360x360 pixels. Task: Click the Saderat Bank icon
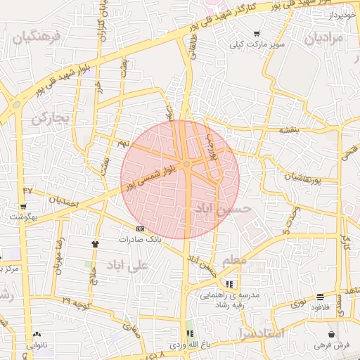point(140,229)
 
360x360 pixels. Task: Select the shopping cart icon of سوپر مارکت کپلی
point(257,33)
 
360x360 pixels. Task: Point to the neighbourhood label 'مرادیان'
point(323,38)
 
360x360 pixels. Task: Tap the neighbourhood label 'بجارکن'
point(51,118)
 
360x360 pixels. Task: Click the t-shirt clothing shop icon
point(95,244)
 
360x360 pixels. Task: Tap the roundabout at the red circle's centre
point(186,165)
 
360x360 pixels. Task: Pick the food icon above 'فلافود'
point(321,297)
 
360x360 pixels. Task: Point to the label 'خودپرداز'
point(344,14)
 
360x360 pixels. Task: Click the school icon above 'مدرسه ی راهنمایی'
point(230,284)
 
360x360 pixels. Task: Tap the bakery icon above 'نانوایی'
point(37,335)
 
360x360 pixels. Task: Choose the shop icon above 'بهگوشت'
point(23,207)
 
